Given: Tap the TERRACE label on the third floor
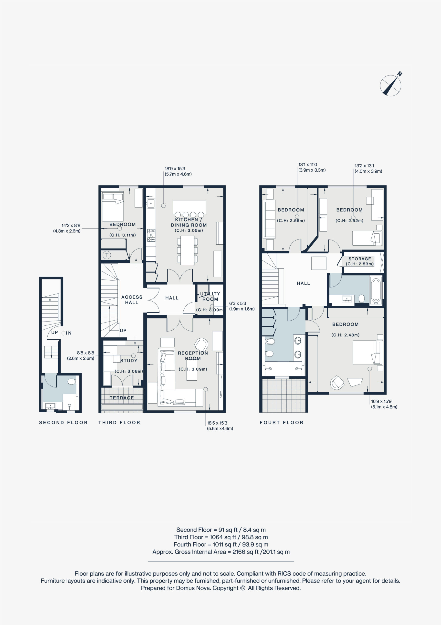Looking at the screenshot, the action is (122, 398).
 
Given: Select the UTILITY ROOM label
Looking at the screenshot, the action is (210, 296).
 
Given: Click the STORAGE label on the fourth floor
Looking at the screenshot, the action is (360, 259).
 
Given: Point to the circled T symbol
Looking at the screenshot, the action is (107, 255).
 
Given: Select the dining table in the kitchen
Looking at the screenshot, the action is (187, 250).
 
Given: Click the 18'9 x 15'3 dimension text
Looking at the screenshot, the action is (175, 168).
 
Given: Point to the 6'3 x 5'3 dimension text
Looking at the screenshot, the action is (237, 303).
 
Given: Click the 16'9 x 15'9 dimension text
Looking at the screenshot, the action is (381, 401).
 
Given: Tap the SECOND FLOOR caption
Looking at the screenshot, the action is (63, 422).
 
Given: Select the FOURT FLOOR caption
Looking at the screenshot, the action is (282, 422).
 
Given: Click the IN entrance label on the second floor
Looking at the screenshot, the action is (69, 333).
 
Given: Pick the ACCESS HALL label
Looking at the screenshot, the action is (132, 300).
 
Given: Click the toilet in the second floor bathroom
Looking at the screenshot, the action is (72, 382).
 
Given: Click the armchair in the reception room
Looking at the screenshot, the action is (201, 345).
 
